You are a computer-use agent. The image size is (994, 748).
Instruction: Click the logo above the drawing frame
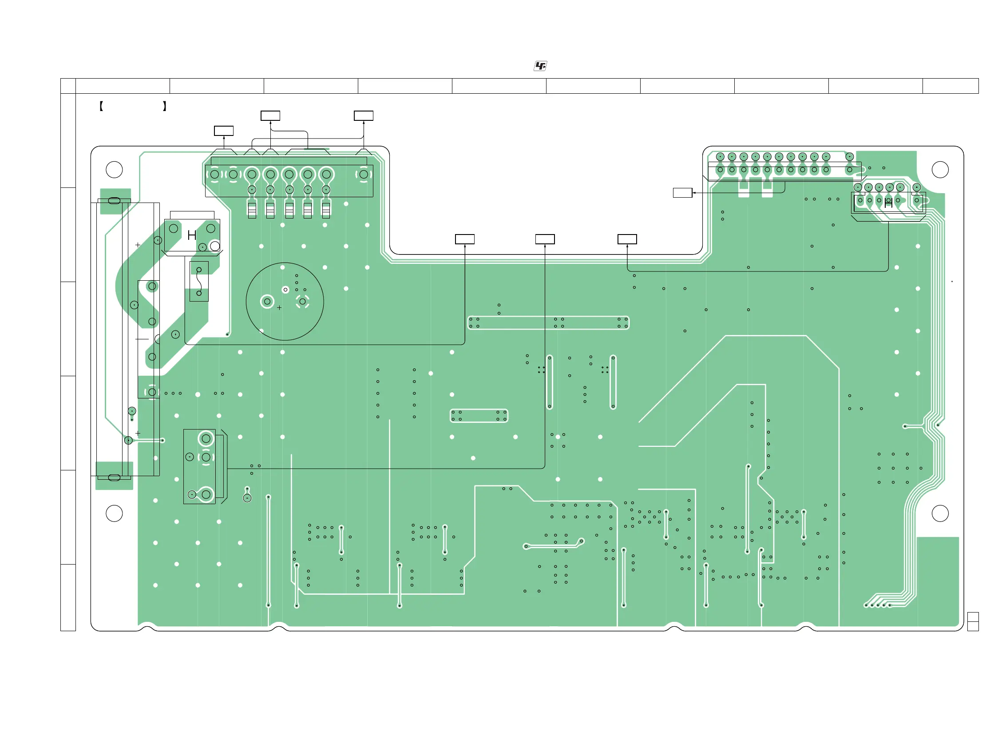[x=540, y=66]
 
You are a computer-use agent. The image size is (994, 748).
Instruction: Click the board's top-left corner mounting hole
[x=114, y=170]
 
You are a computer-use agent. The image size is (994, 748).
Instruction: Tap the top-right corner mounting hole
[x=940, y=170]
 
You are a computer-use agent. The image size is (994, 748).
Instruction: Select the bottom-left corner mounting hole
[x=114, y=513]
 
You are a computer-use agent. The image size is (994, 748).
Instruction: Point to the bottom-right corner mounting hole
[x=940, y=513]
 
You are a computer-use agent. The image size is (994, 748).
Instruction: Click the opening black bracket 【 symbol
[x=101, y=106]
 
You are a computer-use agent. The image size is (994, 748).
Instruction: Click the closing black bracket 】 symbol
[x=164, y=106]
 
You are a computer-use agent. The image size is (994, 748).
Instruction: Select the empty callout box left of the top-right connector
[x=682, y=193]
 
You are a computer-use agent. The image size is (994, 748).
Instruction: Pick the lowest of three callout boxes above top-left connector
[x=224, y=131]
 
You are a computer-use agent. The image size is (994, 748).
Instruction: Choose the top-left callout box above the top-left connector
[x=270, y=115]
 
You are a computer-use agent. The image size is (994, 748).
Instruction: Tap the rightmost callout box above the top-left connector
[x=364, y=115]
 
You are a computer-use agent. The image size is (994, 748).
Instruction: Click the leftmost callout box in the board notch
[x=465, y=239]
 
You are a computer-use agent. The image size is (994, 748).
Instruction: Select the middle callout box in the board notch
[x=545, y=239]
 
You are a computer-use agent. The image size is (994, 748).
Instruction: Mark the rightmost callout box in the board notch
[x=627, y=239]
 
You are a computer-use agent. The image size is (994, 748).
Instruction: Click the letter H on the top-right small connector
[x=888, y=203]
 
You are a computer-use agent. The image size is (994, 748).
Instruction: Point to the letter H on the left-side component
[x=192, y=235]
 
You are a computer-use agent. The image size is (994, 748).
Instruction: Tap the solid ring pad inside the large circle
[x=267, y=301]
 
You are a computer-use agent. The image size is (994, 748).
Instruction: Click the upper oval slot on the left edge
[x=114, y=200]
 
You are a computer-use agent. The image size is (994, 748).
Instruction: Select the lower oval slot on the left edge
[x=114, y=477]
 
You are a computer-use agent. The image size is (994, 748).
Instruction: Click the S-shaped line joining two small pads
[x=199, y=282]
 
